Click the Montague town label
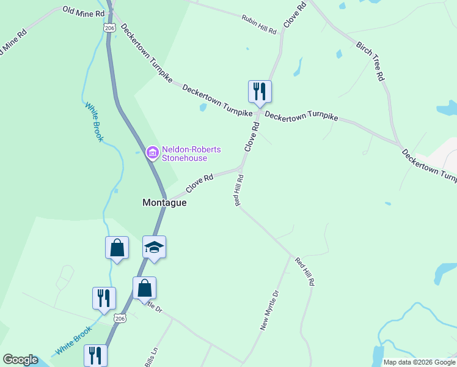[164, 202]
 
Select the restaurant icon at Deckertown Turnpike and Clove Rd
[260, 92]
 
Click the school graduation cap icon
[154, 247]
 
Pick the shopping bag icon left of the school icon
[117, 248]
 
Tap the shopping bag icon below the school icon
[144, 287]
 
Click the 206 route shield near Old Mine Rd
[109, 28]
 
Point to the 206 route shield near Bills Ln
[120, 318]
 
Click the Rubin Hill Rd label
[258, 25]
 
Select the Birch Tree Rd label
[370, 61]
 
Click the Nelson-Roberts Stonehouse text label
[191, 154]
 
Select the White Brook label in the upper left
[94, 121]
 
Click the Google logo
[20, 360]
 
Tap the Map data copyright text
[419, 362]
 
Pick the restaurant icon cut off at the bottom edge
[95, 355]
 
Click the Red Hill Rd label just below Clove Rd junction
[240, 190]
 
